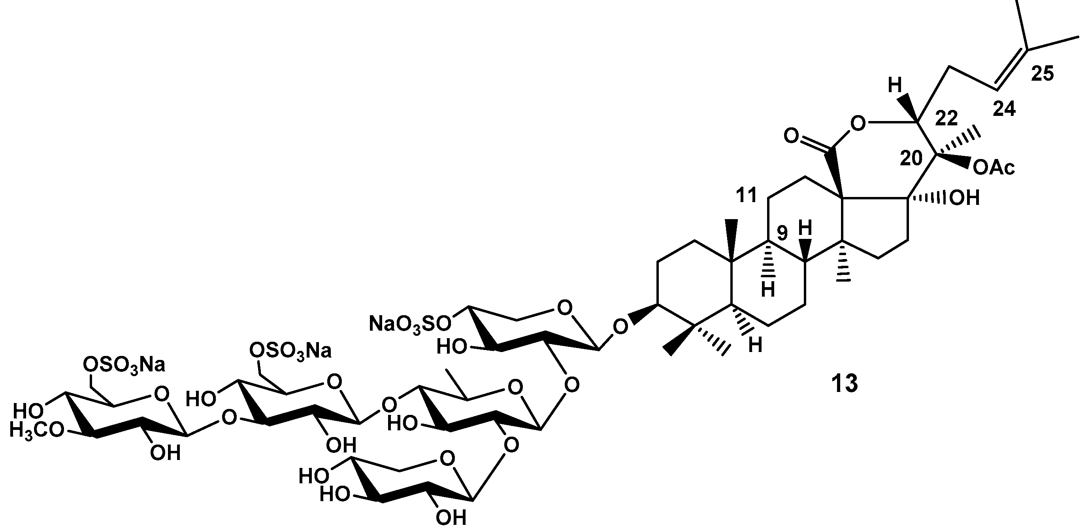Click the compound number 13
click(845, 384)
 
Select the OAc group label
click(994, 168)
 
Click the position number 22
click(946, 119)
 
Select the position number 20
click(911, 159)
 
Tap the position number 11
click(746, 196)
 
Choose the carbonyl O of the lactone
click(791, 136)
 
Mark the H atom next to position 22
click(894, 86)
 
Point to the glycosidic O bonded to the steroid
click(619, 326)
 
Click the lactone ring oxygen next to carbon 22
click(857, 124)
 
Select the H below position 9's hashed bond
click(768, 290)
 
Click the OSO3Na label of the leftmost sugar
click(124, 364)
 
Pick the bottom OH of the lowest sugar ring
click(451, 517)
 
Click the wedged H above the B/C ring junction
click(805, 229)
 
